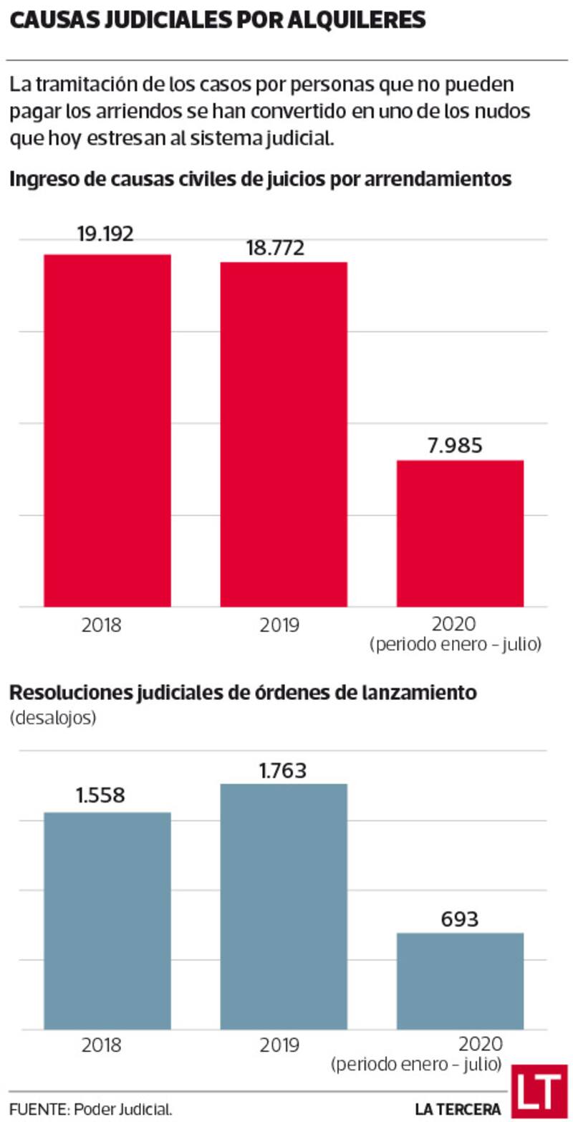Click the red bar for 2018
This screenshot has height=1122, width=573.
coord(107,430)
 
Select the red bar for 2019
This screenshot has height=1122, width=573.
coord(284,434)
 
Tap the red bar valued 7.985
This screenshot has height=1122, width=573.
coord(460,533)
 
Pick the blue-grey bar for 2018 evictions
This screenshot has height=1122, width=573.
coord(107,921)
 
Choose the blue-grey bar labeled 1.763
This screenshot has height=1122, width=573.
coord(284,906)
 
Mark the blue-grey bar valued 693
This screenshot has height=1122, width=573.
coord(460,981)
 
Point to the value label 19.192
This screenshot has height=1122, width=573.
coord(106,234)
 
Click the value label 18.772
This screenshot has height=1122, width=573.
coord(276,248)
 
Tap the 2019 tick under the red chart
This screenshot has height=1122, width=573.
coord(280,625)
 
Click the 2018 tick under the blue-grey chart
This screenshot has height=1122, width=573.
coord(102,1045)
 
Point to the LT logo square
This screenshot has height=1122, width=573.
coord(539,1091)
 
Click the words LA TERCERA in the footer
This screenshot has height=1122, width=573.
coord(458,1108)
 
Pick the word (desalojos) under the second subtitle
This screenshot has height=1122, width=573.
coord(53,718)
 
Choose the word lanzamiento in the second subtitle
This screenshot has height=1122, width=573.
coord(417,693)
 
